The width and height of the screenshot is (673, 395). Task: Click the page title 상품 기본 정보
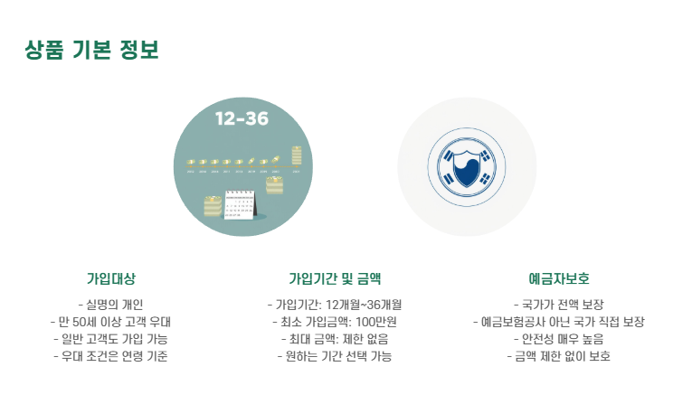click(x=92, y=50)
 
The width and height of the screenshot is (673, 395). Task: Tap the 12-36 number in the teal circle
click(x=242, y=118)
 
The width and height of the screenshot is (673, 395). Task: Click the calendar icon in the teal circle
click(x=240, y=205)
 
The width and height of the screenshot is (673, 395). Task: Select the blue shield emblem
click(x=467, y=167)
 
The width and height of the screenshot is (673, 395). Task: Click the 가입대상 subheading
click(x=111, y=278)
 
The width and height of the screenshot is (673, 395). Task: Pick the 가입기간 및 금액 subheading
click(x=335, y=278)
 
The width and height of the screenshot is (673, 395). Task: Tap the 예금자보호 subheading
click(x=559, y=278)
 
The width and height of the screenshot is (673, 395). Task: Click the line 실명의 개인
click(x=110, y=305)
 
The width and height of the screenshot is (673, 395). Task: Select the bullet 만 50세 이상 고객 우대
click(x=110, y=322)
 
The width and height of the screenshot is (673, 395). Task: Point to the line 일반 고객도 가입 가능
click(x=110, y=339)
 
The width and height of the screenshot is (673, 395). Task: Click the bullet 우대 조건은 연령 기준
click(x=110, y=356)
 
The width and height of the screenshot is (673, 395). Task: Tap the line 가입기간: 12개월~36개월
click(x=335, y=305)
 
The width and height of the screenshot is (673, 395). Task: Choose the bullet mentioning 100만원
click(x=335, y=322)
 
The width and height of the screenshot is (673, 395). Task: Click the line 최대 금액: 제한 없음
click(x=335, y=339)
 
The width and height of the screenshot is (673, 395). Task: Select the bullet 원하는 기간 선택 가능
click(x=335, y=356)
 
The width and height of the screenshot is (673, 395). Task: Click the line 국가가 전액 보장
click(x=559, y=305)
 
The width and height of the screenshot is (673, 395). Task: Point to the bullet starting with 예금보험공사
click(x=559, y=322)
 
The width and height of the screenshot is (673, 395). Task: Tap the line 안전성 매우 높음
click(x=559, y=339)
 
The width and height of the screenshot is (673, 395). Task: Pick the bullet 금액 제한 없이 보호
click(x=559, y=356)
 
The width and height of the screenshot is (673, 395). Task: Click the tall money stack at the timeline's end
click(x=297, y=155)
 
